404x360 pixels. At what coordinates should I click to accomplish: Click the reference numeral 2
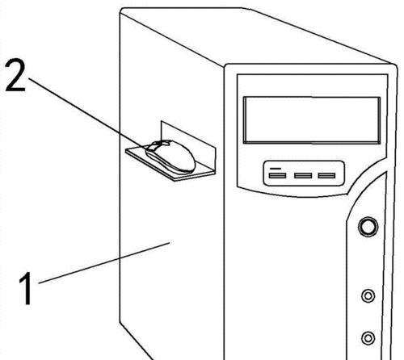click(x=15, y=76)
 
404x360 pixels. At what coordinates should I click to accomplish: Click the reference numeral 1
click(x=27, y=288)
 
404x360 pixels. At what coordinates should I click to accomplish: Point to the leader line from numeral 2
click(x=88, y=113)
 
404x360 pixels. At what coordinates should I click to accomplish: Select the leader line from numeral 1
click(x=104, y=263)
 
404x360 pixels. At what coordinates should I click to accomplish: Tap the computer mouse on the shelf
click(x=170, y=156)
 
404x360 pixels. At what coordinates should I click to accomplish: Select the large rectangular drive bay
click(x=312, y=120)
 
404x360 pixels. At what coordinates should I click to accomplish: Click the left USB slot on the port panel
click(x=277, y=176)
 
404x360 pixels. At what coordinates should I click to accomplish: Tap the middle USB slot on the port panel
click(x=303, y=176)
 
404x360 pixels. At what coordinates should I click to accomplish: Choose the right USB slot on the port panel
click(x=326, y=176)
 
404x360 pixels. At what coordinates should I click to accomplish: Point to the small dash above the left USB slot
click(x=276, y=169)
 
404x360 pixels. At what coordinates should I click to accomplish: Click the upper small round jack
click(x=368, y=295)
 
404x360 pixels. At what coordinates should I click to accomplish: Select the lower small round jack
click(x=368, y=338)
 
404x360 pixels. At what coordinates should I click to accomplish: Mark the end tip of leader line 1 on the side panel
click(x=170, y=242)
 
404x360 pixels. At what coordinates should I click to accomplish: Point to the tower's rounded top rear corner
click(x=122, y=10)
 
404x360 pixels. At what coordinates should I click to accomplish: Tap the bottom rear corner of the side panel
click(x=120, y=321)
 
